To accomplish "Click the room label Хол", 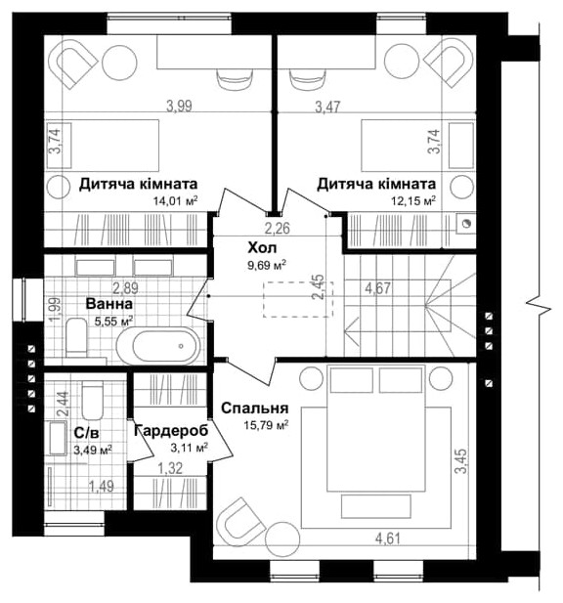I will click(x=259, y=248).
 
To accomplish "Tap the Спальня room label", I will click(x=254, y=409).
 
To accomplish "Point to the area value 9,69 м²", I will click(x=266, y=265).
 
